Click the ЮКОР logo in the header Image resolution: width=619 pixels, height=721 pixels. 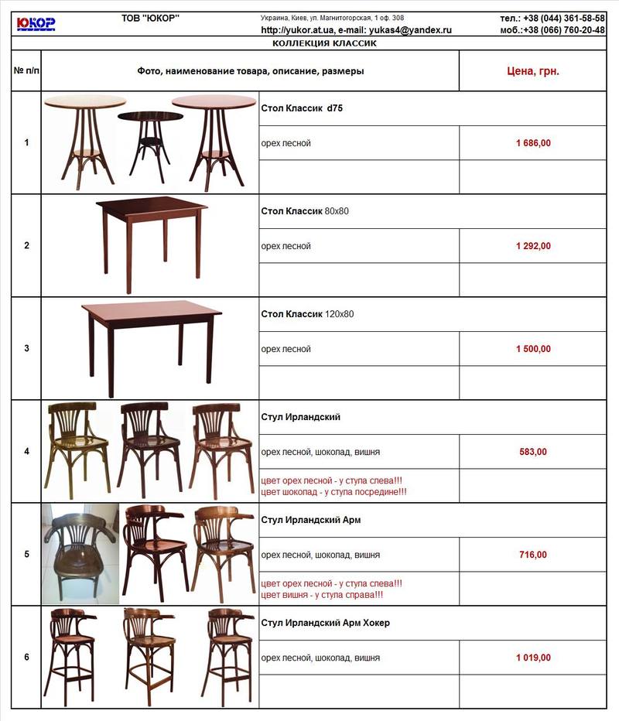pos(36,23)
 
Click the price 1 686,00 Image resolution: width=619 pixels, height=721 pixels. pos(533,143)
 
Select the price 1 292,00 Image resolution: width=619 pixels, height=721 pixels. pos(533,246)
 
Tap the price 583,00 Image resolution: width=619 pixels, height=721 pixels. pos(533,452)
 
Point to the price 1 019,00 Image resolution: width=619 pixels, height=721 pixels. pos(533,658)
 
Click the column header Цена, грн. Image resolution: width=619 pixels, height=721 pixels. pos(533,71)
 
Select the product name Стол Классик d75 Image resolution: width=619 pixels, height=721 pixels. pos(302,108)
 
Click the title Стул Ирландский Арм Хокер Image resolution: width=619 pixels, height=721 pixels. pos(325,623)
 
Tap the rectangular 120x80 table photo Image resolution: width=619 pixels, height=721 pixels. pos(151,344)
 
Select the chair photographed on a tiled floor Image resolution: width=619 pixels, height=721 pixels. pos(80,552)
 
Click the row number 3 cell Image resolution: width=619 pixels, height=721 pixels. pos(26,349)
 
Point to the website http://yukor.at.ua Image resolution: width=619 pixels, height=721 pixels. pos(297,30)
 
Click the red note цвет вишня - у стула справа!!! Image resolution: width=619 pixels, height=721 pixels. pos(322,595)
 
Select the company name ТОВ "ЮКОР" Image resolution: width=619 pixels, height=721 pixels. pos(151,18)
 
